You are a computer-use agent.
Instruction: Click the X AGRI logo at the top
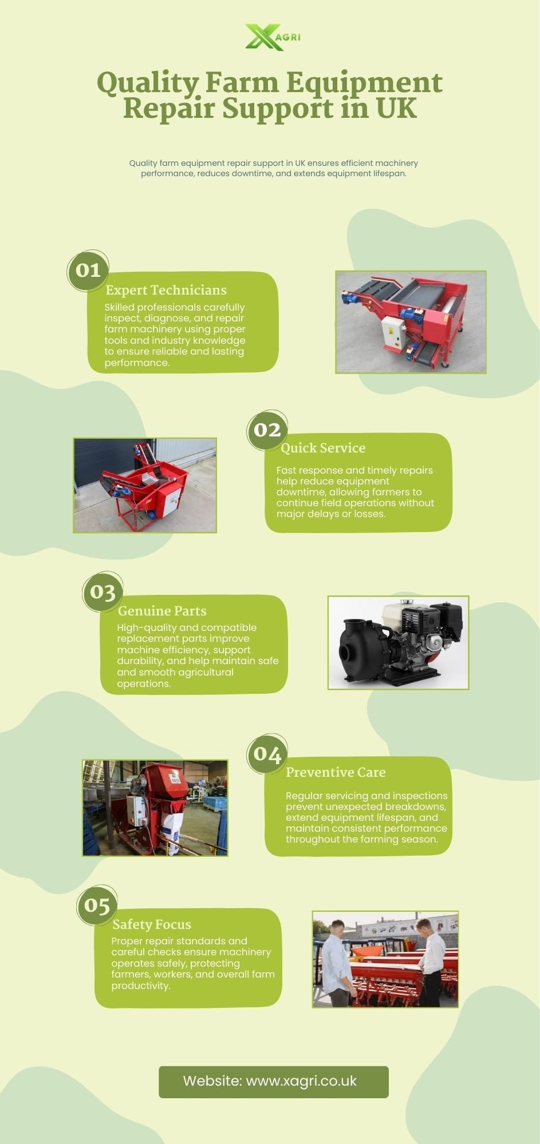coord(273,37)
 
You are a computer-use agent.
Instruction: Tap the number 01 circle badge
coord(88,270)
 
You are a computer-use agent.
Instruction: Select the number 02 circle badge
coord(267,430)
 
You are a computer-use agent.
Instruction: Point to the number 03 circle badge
coord(103,592)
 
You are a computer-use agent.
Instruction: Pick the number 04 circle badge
coord(267,754)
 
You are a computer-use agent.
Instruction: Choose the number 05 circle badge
coord(97,905)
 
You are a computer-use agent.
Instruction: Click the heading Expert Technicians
coord(166,290)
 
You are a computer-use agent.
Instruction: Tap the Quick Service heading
coord(323,448)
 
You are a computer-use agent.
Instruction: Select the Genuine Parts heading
coord(162,611)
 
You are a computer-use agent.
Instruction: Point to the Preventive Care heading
coord(336,772)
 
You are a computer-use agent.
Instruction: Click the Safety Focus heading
coord(152,924)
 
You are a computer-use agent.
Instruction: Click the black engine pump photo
coord(398,642)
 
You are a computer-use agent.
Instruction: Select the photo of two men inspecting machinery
coord(385,959)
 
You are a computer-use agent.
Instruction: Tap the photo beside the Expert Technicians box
coord(411,322)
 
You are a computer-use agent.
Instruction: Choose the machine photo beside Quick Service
coord(145,486)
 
